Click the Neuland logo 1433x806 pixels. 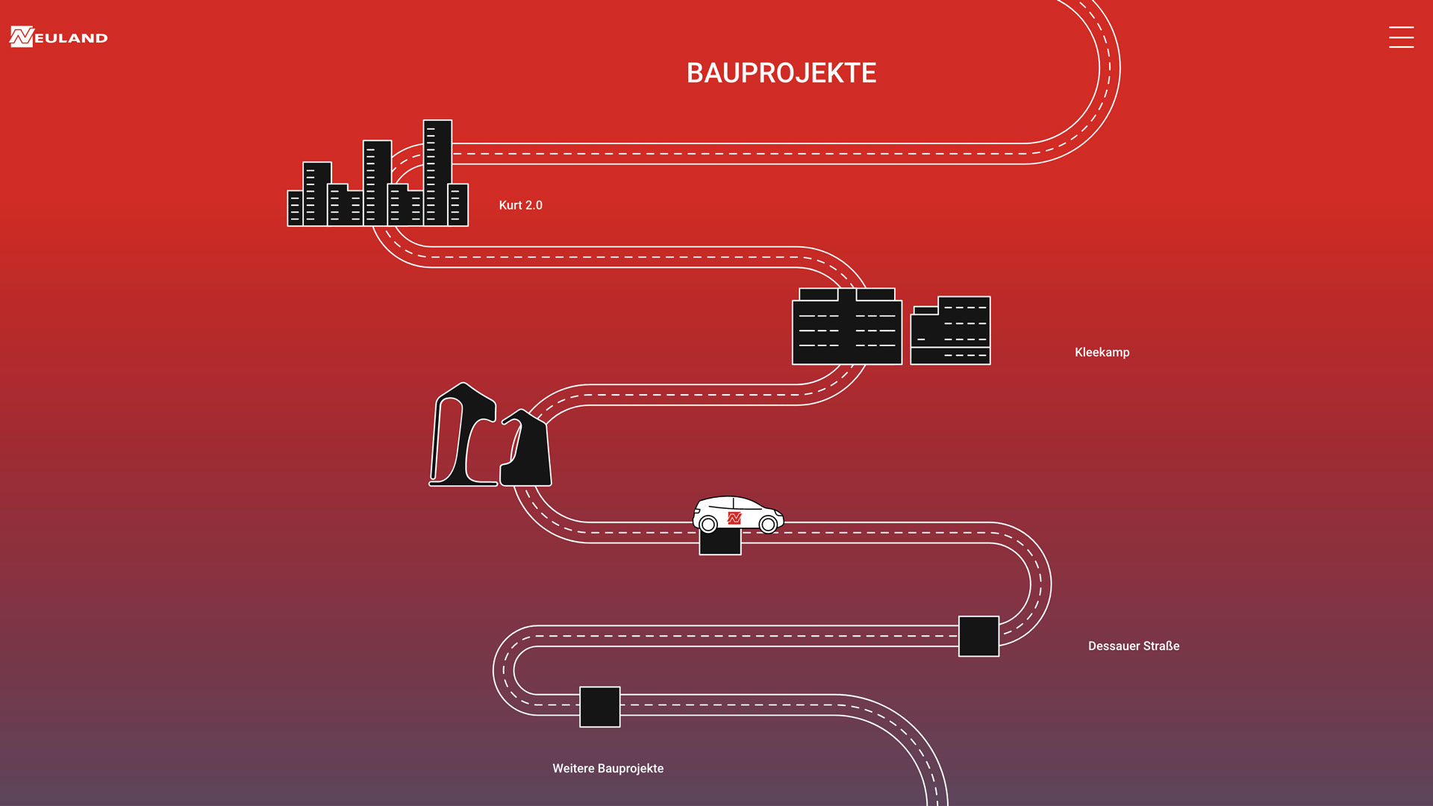point(58,37)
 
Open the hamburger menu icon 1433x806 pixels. point(1401,37)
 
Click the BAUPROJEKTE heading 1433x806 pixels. point(781,73)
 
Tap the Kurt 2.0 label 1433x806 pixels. point(520,205)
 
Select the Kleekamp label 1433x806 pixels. point(1102,352)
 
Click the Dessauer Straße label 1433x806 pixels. point(1133,646)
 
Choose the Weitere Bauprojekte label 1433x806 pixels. point(608,769)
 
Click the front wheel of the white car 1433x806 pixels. point(768,525)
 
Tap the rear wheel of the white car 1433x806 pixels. point(708,525)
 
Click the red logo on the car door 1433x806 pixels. point(734,517)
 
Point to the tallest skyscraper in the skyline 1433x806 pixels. point(437,172)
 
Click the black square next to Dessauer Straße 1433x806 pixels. point(978,637)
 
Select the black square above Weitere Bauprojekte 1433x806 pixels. point(600,707)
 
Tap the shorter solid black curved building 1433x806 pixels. point(528,452)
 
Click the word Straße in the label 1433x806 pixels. point(1161,646)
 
